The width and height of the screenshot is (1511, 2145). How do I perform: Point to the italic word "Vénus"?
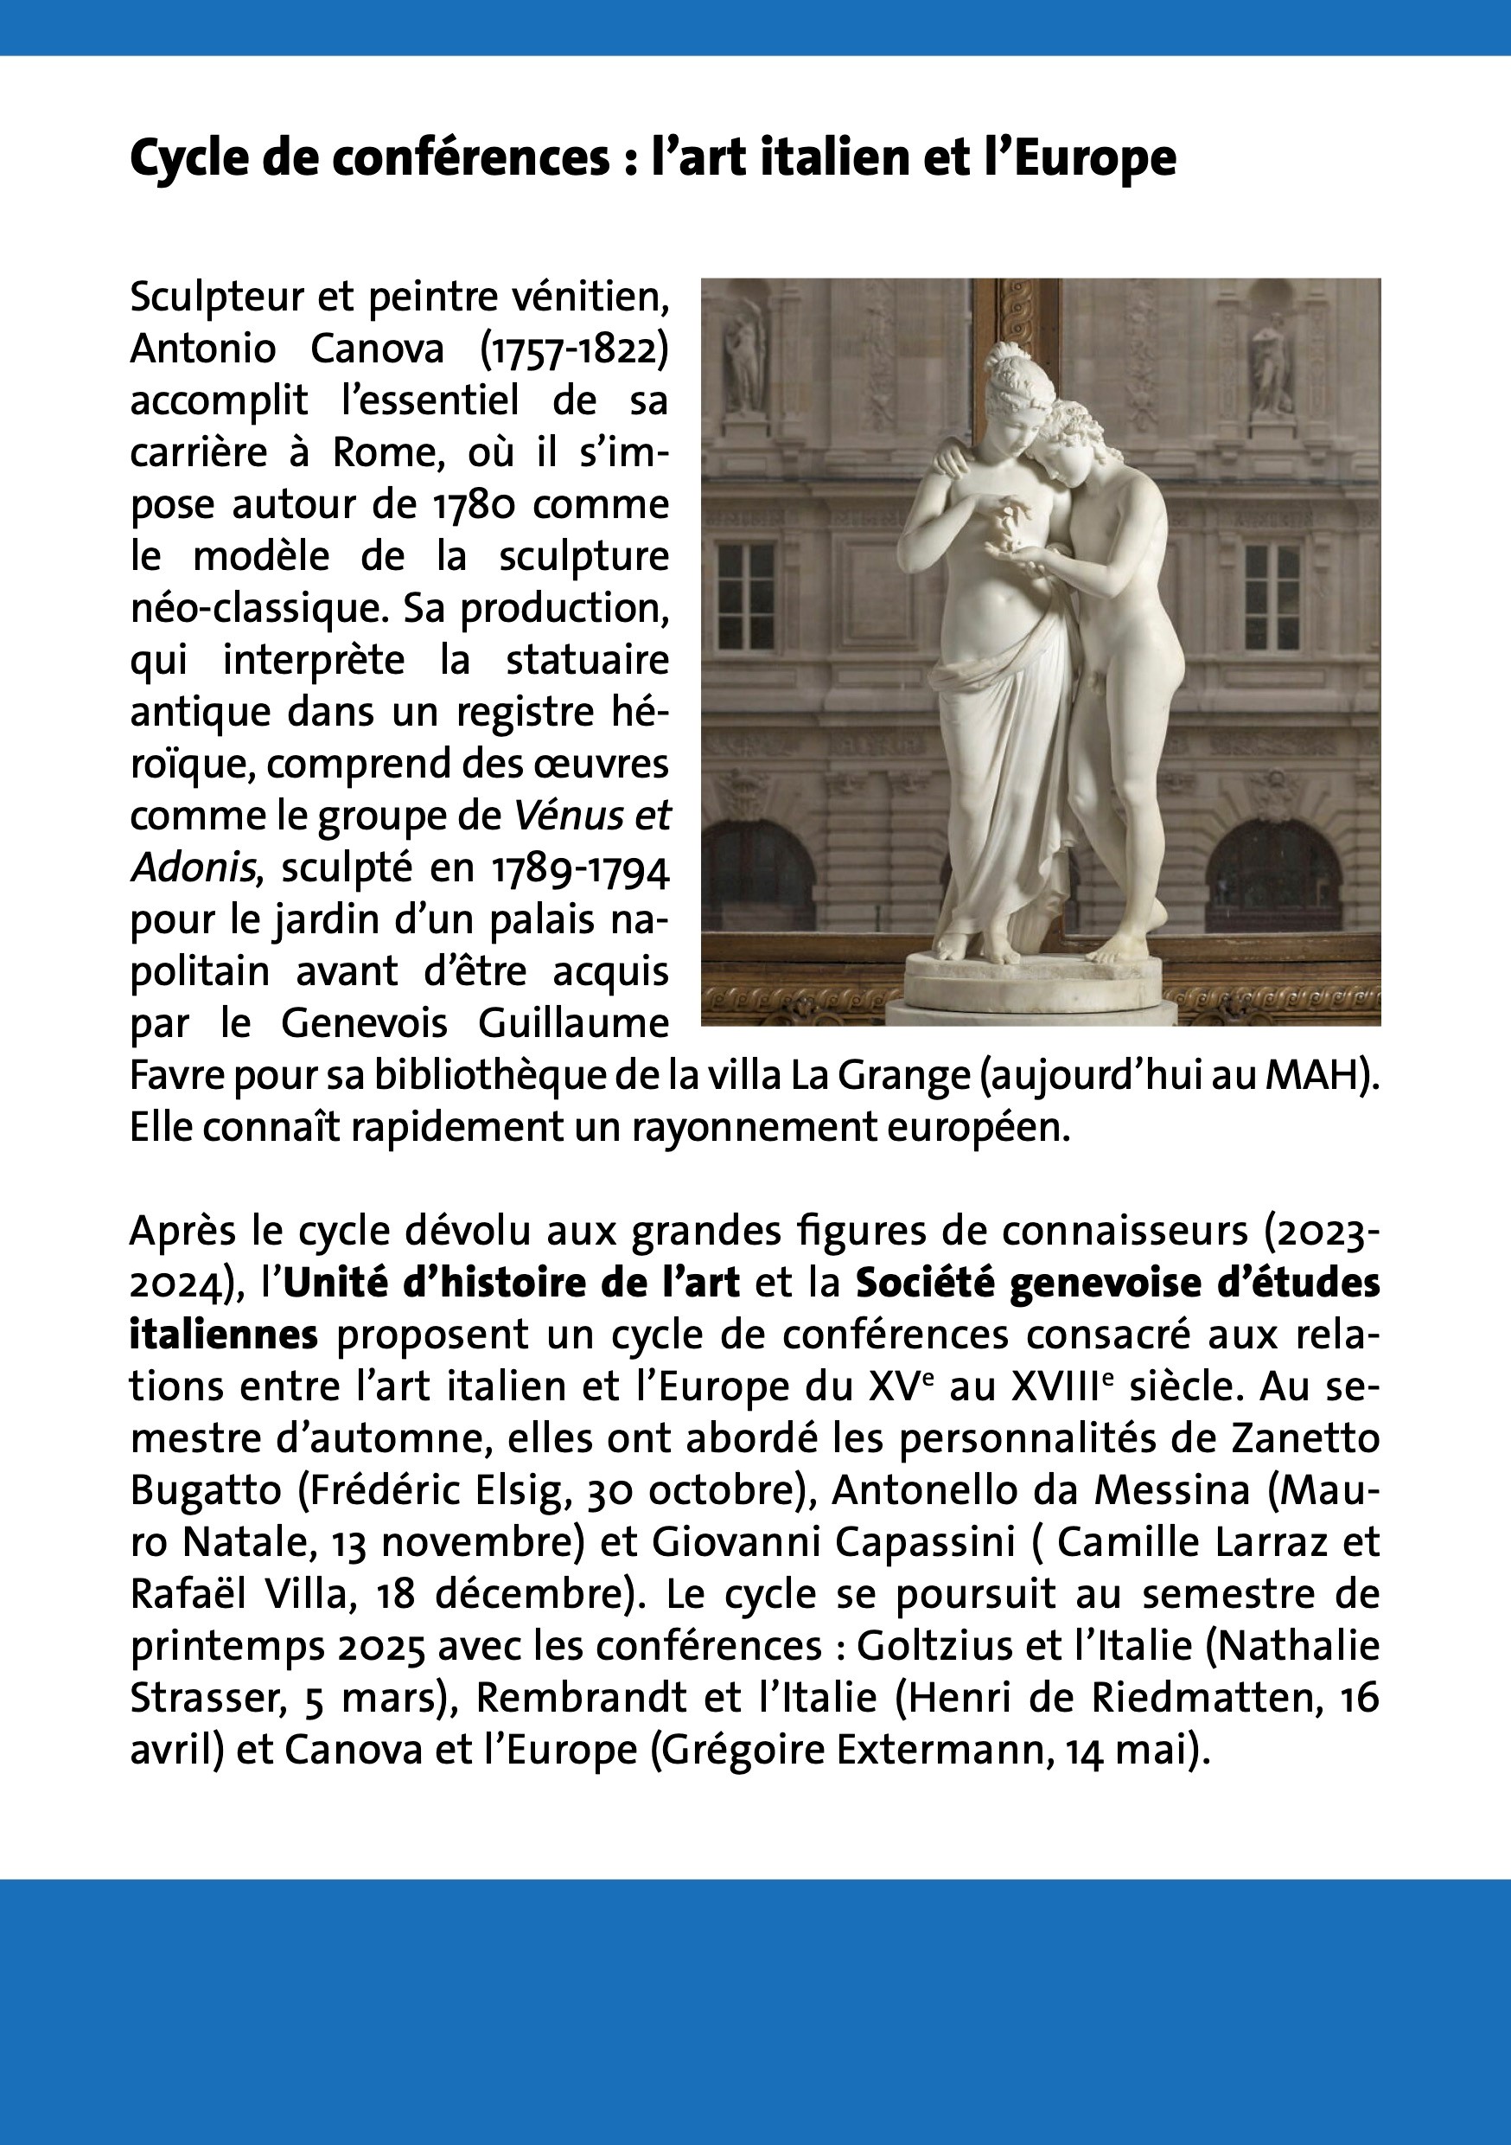tap(560, 816)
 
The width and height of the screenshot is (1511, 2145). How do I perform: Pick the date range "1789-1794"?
tap(580, 868)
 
